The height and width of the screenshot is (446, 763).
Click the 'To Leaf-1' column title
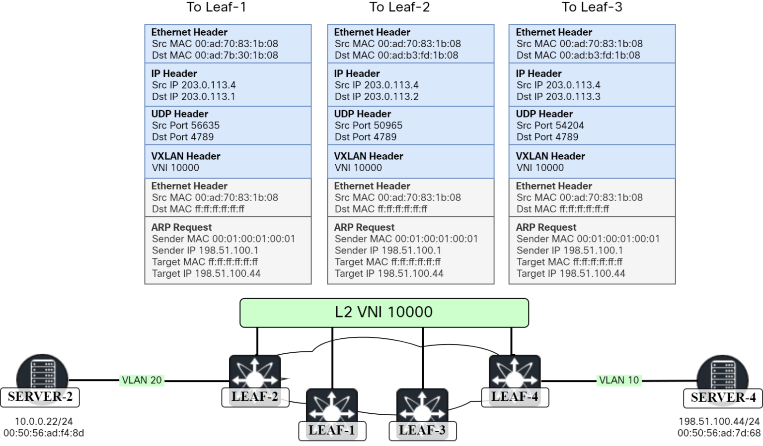[216, 7]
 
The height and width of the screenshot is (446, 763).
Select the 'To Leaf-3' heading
[592, 7]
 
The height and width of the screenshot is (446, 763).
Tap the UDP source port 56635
[186, 126]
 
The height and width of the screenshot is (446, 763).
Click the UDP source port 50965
[369, 126]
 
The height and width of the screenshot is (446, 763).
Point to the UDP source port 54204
[550, 126]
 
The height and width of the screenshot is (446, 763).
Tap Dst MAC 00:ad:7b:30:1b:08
[215, 55]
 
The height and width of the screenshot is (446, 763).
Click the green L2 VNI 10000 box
[384, 313]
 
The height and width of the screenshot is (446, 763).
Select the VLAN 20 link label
[142, 381]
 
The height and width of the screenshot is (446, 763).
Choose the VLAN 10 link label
[619, 381]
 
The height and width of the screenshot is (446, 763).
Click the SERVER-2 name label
[40, 397]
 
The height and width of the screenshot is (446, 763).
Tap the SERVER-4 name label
[723, 397]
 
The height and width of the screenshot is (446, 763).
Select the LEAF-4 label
[515, 397]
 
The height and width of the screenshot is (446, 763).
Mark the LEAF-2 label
[255, 397]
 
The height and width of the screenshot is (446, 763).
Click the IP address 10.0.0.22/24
[44, 421]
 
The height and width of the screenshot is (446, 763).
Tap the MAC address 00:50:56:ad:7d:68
[719, 433]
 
